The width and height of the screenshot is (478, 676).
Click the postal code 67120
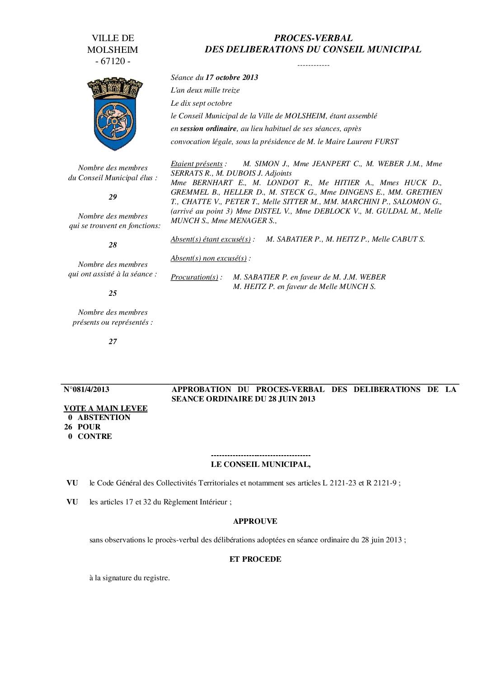point(113,61)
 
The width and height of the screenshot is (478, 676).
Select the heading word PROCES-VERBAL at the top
point(313,38)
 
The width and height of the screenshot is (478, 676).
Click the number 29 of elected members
point(112,197)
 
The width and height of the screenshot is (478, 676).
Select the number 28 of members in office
point(112,245)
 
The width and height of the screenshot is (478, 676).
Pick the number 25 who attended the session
point(112,293)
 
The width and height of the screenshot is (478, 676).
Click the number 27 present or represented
point(112,341)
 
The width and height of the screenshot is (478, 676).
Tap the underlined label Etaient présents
point(197,163)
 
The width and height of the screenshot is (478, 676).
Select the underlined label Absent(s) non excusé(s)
point(209,258)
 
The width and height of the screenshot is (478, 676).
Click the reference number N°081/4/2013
point(86,389)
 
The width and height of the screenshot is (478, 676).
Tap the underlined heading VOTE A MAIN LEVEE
point(106,408)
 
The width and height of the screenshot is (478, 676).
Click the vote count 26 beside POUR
point(68,427)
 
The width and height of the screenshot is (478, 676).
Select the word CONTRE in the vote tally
point(95,436)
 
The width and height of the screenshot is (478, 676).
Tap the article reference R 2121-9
point(381,483)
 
